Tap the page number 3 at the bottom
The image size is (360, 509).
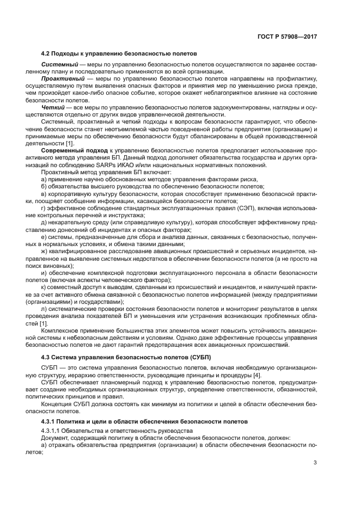coord(315,463)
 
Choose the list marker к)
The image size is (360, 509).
coord(44,287)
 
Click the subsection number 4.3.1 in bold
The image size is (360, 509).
coord(50,422)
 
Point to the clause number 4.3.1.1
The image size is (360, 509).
coord(52,431)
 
